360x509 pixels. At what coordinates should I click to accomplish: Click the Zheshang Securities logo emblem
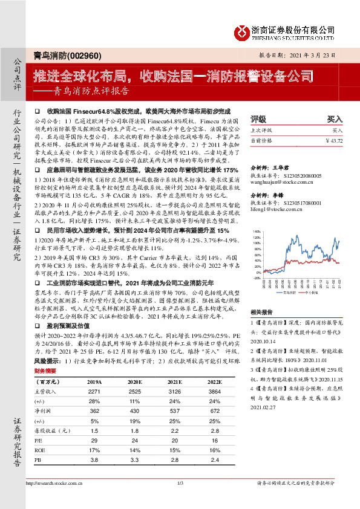[x=243, y=31]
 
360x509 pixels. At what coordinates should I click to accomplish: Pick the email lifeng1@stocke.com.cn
[x=271, y=210]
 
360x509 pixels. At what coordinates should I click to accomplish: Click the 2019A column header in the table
[x=94, y=382]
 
